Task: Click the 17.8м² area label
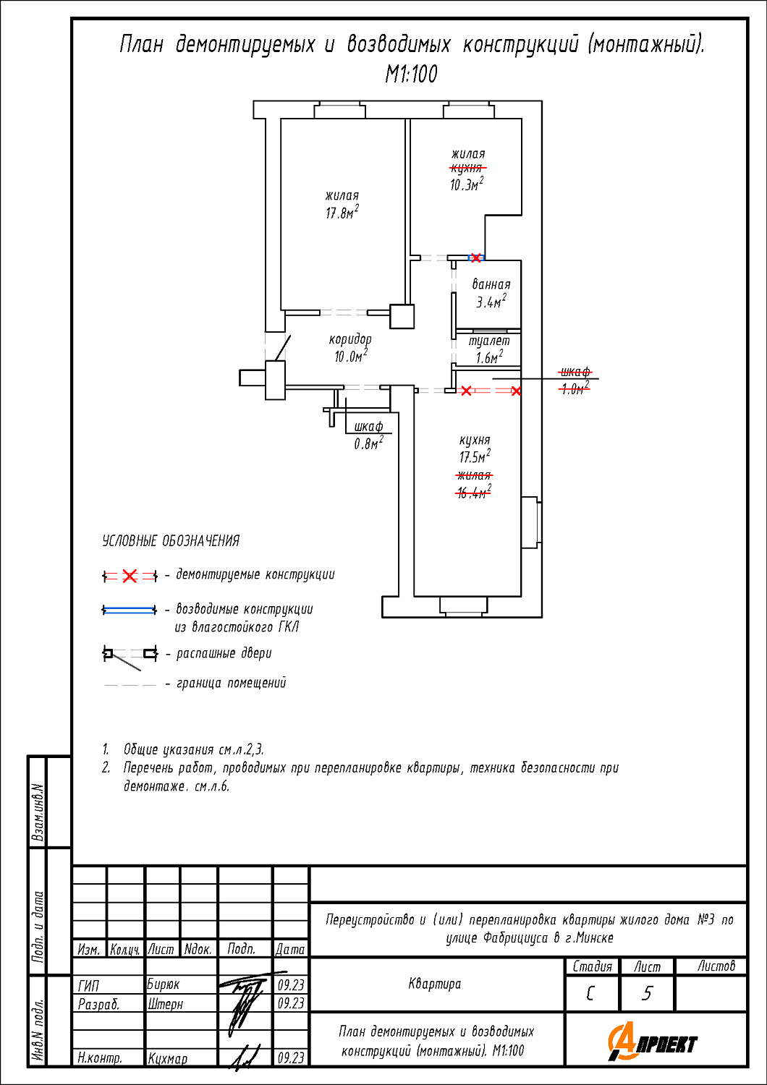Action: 342,213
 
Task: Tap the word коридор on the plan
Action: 350,339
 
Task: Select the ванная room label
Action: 491,285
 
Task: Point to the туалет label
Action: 489,341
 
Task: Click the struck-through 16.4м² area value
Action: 473,493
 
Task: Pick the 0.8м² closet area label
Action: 368,443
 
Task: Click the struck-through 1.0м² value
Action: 575,388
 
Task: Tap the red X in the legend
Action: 130,576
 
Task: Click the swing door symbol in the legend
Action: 130,655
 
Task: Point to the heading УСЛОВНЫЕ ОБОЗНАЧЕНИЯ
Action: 171,541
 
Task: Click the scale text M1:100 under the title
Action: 411,75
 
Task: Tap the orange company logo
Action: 652,1042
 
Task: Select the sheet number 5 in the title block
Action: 647,994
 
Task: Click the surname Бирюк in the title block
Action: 164,984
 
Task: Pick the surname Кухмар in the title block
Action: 168,1058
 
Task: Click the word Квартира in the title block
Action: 434,984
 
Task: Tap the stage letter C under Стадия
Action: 591,994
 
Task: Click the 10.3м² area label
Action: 466,184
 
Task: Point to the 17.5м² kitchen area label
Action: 475,457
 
